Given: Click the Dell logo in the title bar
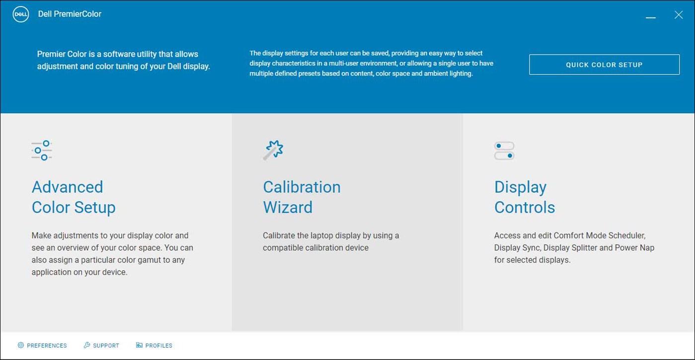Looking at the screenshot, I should click(x=21, y=14).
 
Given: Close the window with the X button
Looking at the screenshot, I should click(x=679, y=15).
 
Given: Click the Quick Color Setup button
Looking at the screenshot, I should click(x=604, y=65).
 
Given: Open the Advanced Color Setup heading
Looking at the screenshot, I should click(x=74, y=197).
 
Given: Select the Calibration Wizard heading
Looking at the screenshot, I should click(x=302, y=197).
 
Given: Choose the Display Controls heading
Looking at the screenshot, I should click(x=524, y=197).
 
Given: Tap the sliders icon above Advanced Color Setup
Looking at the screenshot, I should click(x=42, y=150).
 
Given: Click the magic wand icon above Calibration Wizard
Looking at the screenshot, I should click(x=273, y=150).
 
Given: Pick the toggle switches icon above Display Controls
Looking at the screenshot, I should click(x=504, y=151).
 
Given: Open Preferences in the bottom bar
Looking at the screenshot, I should click(x=47, y=346).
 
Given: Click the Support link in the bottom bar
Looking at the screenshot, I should click(x=106, y=346).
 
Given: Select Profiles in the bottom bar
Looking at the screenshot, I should click(x=158, y=346).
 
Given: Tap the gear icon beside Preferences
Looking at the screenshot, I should click(x=21, y=345).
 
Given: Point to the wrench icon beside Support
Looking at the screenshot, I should click(x=87, y=345).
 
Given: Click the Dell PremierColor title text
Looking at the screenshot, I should click(x=70, y=14).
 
